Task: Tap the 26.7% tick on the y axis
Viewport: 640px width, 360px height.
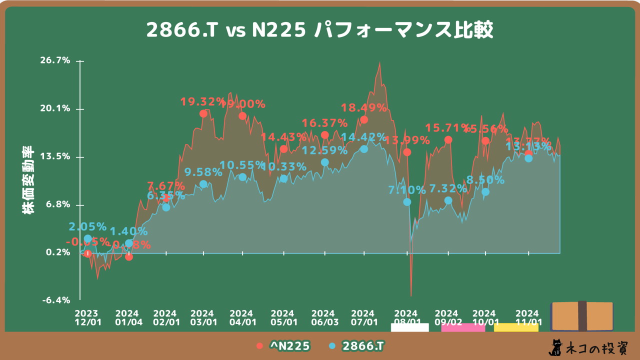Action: (58, 60)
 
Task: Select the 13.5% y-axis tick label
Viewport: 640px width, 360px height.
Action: (58, 156)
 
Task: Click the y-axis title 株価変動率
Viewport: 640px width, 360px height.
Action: (28, 180)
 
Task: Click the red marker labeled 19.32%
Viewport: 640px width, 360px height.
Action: (203, 113)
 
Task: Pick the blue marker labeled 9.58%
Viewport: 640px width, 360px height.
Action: (203, 184)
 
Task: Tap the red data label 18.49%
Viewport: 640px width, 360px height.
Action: (363, 107)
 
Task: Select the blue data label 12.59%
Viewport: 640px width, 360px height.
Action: (324, 150)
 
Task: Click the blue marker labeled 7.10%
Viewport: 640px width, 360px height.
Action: (407, 202)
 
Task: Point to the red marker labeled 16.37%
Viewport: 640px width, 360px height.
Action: (324, 135)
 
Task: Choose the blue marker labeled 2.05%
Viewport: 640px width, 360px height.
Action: (88, 238)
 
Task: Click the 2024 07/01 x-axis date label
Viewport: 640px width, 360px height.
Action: (364, 317)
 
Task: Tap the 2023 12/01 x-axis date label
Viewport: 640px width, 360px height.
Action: (88, 317)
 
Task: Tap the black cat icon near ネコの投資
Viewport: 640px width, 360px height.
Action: (555, 347)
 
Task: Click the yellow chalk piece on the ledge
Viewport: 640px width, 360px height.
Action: (516, 327)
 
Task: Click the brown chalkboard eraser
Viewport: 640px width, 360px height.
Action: (582, 316)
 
